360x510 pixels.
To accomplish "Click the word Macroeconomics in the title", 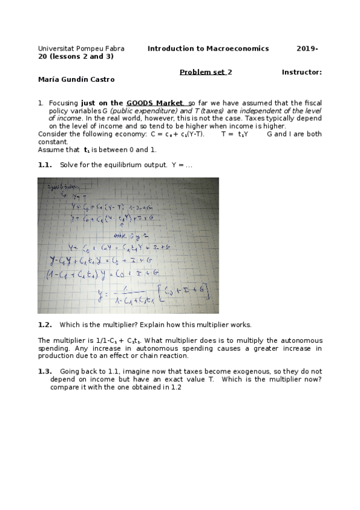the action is point(237,48).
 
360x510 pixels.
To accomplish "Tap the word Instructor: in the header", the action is point(301,72).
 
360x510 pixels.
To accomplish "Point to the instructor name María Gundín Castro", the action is point(76,79).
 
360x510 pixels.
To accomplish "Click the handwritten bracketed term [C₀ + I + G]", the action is point(185,292).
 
